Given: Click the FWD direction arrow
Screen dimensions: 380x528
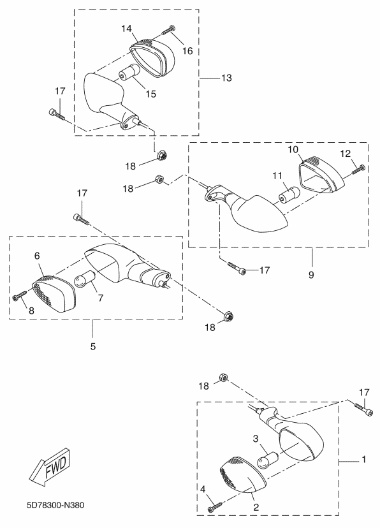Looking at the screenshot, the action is [x=50, y=467].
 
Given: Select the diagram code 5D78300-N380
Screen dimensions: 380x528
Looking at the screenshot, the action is [x=55, y=505].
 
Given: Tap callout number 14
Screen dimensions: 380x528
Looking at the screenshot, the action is [x=126, y=29].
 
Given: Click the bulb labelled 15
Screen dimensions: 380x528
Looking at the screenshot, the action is [x=129, y=71].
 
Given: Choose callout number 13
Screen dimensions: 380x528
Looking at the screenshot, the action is [x=227, y=78].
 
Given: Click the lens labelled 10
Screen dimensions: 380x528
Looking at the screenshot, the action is [x=321, y=175].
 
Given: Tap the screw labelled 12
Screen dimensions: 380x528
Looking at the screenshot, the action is [x=358, y=169].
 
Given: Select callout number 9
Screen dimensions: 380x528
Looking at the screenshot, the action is [x=311, y=275].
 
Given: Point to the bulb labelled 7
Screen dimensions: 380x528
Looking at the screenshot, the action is [x=85, y=279].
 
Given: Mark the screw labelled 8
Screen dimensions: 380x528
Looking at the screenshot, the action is [x=20, y=296].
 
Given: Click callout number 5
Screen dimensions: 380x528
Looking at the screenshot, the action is [x=93, y=346].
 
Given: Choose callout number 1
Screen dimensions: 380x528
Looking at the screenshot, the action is [x=363, y=459].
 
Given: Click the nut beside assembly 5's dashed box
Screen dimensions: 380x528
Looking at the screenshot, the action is [x=229, y=316].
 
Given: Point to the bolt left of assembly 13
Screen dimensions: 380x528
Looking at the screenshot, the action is [x=57, y=114].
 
